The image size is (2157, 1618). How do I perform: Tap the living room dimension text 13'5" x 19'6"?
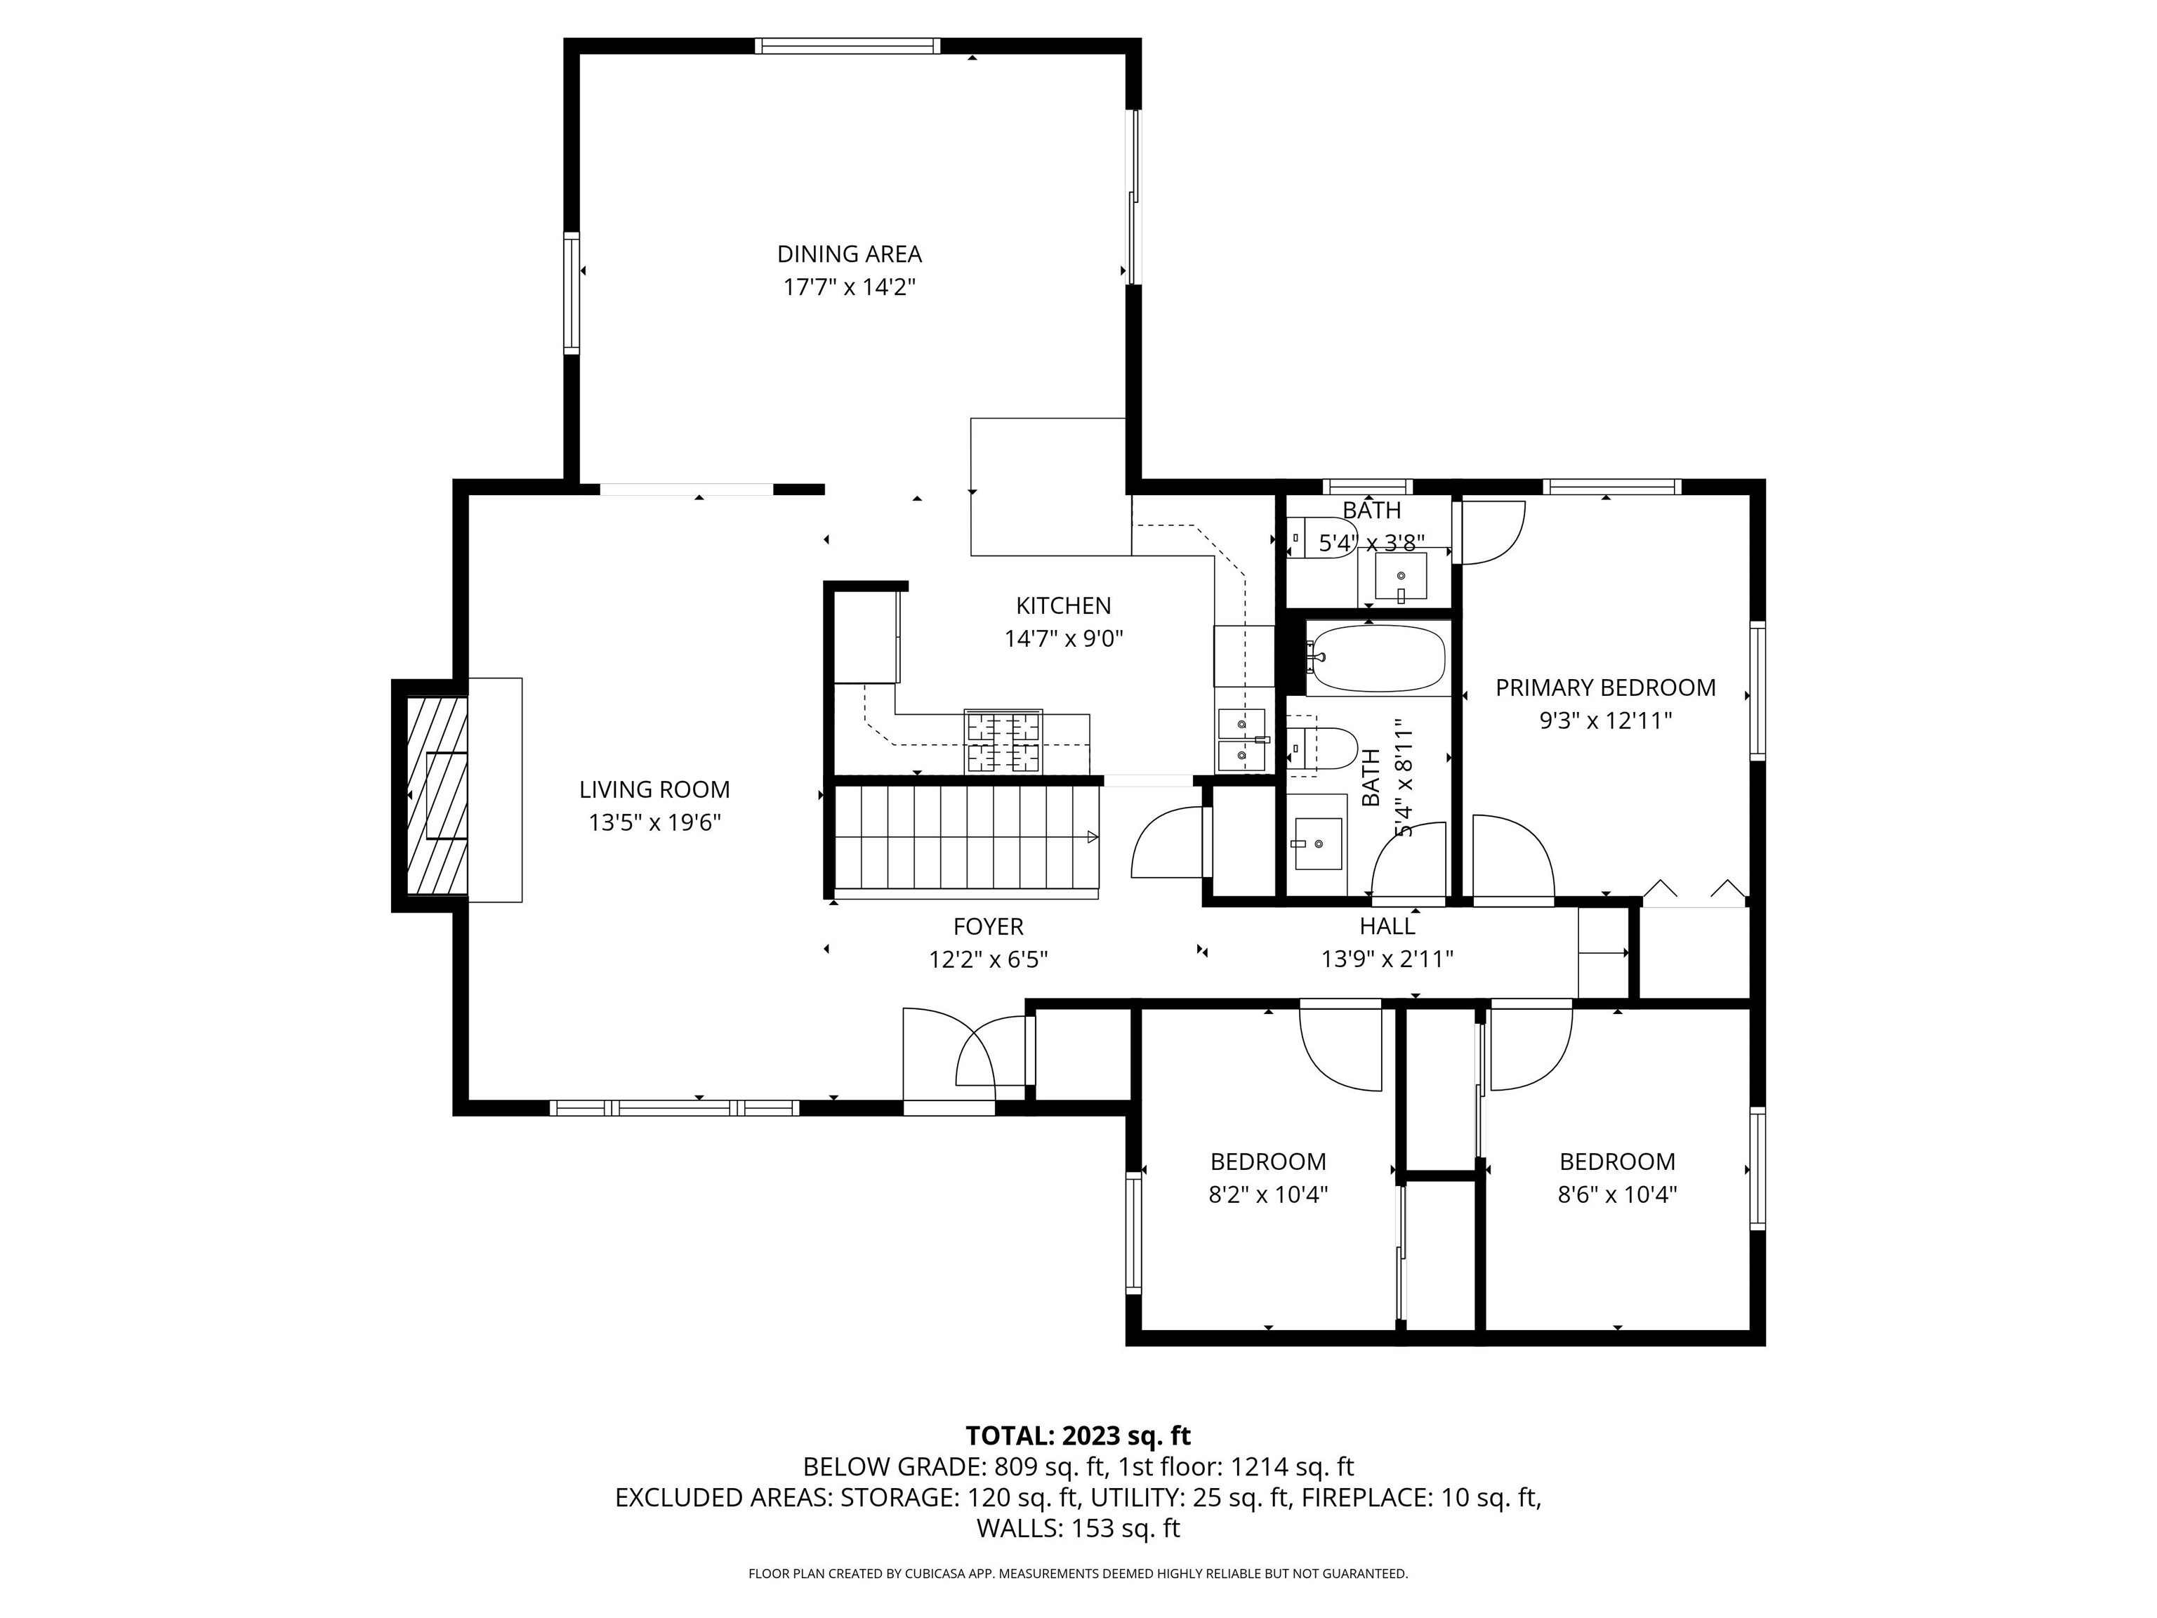(654, 822)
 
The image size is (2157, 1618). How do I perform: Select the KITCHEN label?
(1063, 605)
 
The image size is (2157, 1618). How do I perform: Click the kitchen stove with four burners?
(1003, 741)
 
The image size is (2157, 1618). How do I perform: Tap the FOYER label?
(988, 926)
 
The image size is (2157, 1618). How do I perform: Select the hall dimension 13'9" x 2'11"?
(1387, 959)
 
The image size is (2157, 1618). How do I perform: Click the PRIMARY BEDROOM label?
(1605, 688)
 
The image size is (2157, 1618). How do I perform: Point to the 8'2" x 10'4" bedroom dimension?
(1267, 1195)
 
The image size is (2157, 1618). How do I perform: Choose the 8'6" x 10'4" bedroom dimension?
(1617, 1195)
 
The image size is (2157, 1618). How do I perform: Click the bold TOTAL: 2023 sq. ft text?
(1078, 1435)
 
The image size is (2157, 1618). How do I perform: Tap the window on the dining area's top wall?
(847, 45)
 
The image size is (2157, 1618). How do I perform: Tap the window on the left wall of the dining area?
(572, 293)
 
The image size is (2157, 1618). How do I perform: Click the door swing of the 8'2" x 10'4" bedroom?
(1341, 1049)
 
